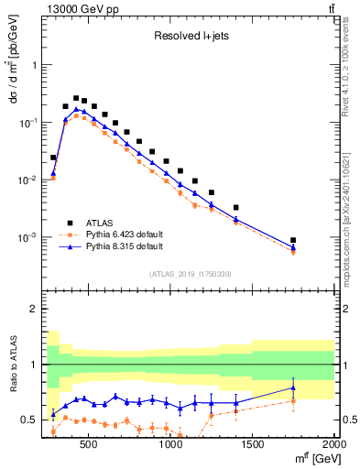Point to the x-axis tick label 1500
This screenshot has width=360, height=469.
tap(253, 446)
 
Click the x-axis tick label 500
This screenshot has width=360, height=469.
tap(89, 446)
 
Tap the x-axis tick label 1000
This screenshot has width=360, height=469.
tap(170, 446)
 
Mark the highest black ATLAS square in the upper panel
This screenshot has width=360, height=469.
tap(76, 98)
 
